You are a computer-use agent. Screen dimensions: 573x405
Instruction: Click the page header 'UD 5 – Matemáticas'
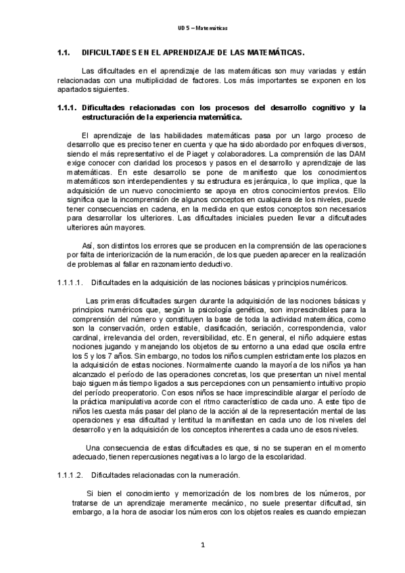[203, 28]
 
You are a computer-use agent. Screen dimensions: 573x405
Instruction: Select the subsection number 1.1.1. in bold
[68, 107]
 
